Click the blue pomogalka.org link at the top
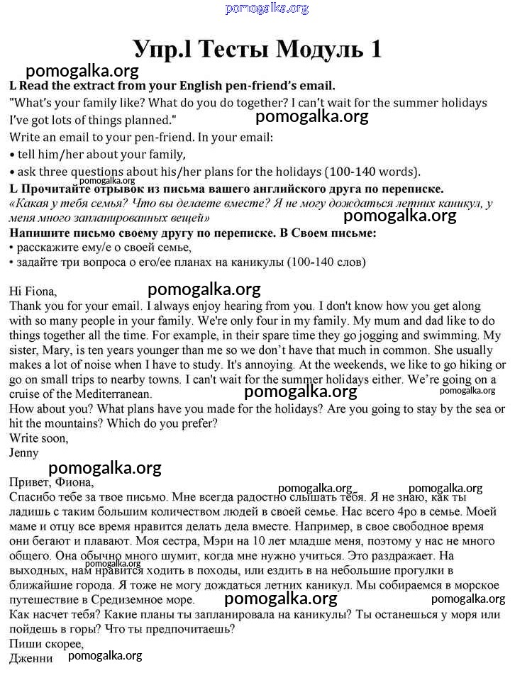pos(267,9)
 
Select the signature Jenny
pos(24,452)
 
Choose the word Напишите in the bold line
pos(39,233)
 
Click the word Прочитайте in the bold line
pos(55,189)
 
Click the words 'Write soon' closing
pos(39,438)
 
